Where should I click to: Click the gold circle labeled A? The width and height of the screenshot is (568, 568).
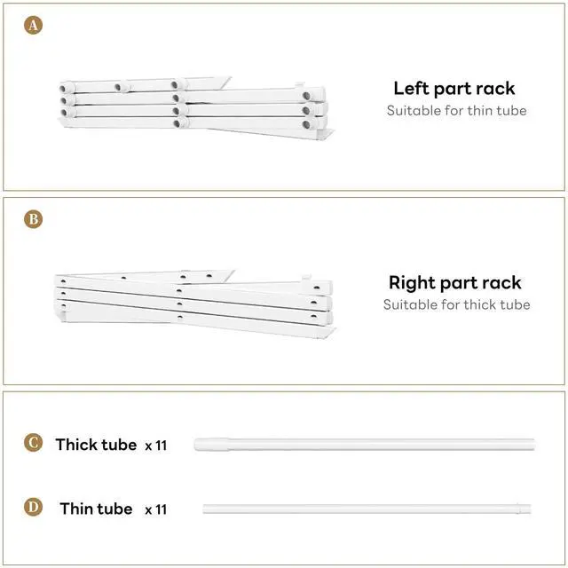pyautogui.click(x=33, y=25)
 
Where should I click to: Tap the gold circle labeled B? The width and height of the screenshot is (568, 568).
pyautogui.click(x=33, y=218)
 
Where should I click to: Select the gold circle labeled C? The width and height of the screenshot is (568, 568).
pyautogui.click(x=33, y=443)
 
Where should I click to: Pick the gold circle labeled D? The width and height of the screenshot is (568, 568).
pyautogui.click(x=33, y=508)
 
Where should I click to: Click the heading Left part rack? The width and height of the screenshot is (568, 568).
pyautogui.click(x=454, y=89)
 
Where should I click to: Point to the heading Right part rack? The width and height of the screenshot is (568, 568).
pyautogui.click(x=454, y=283)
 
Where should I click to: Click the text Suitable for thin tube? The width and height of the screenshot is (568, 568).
pyautogui.click(x=456, y=111)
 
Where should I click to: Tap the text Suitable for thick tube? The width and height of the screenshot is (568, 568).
pyautogui.click(x=456, y=304)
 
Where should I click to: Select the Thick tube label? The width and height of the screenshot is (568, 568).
pyautogui.click(x=96, y=445)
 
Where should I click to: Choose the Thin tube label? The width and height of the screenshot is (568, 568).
pyautogui.click(x=96, y=509)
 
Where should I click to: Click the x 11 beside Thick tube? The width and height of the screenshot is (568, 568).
pyautogui.click(x=155, y=446)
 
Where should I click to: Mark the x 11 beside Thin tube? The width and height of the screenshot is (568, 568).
pyautogui.click(x=155, y=510)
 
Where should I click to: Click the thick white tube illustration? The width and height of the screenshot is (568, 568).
pyautogui.click(x=364, y=442)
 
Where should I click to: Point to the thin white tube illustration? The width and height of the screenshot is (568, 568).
pyautogui.click(x=368, y=509)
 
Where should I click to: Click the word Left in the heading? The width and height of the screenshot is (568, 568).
pyautogui.click(x=412, y=89)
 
